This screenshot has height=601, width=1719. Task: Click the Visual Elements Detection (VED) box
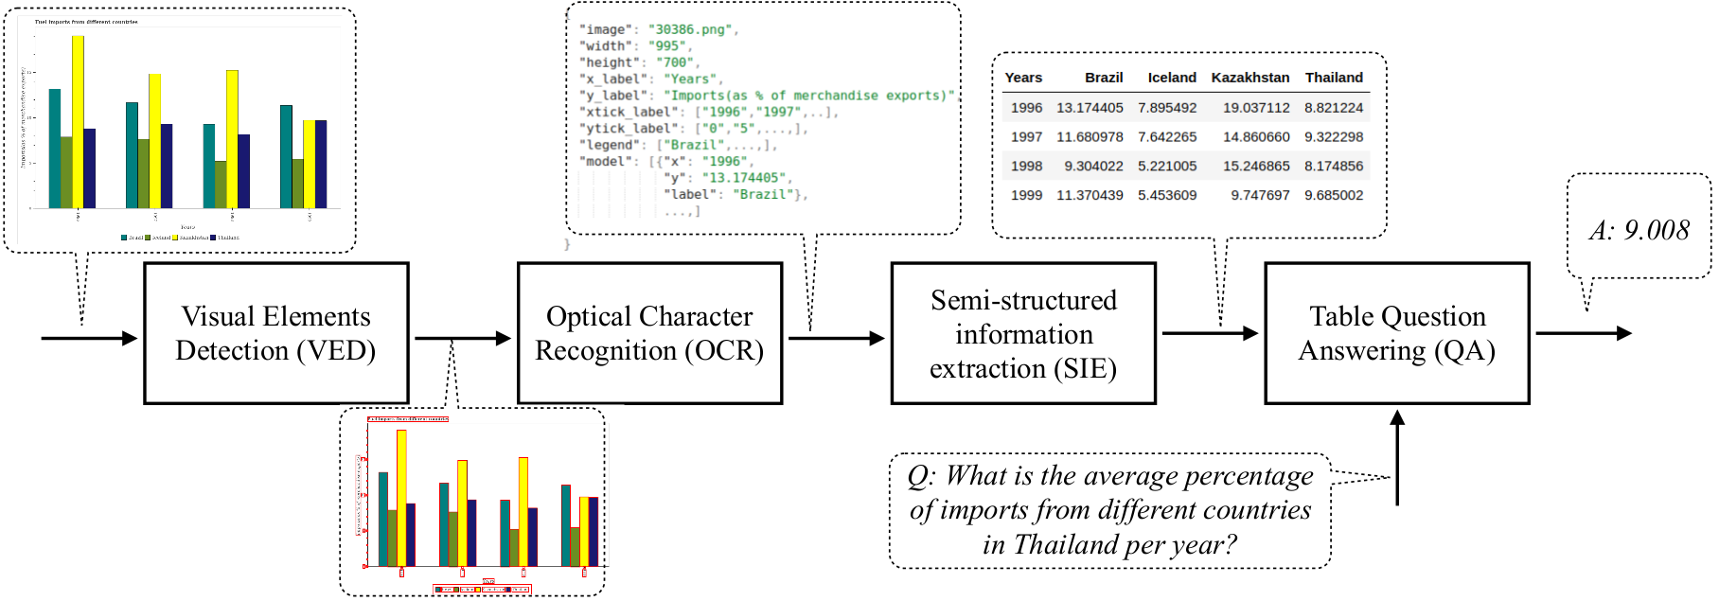(275, 333)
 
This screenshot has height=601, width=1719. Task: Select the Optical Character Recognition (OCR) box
(649, 333)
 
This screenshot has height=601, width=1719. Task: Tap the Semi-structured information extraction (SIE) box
(1023, 333)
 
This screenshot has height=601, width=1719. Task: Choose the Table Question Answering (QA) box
(1396, 333)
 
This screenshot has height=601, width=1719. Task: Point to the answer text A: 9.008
(1639, 230)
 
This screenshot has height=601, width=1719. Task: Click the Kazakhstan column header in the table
(1249, 78)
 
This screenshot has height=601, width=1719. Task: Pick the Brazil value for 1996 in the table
(1090, 108)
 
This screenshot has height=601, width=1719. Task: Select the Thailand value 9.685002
(1334, 195)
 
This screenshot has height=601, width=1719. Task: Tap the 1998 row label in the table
(1026, 166)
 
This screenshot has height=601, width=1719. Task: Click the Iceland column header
(1172, 78)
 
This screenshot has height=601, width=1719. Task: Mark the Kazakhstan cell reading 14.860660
(1256, 136)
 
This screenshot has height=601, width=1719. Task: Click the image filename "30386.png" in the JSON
(690, 29)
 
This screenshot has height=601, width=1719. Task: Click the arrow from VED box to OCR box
(463, 338)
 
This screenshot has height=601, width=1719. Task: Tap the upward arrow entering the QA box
(1397, 454)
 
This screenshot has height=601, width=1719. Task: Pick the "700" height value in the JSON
(675, 62)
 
